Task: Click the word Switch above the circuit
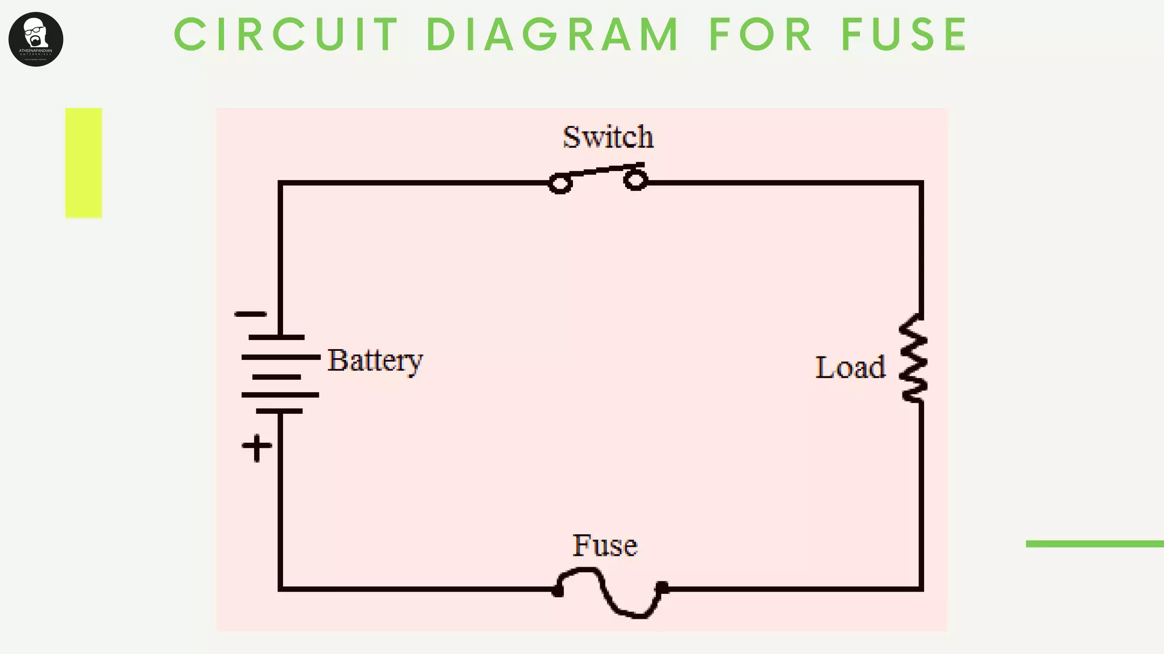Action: [608, 137]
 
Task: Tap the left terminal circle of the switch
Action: [560, 184]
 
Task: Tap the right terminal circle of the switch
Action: [635, 181]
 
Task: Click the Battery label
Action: [375, 360]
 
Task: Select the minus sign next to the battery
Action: [251, 314]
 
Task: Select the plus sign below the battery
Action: [257, 448]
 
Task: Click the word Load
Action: [850, 367]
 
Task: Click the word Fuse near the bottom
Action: [605, 546]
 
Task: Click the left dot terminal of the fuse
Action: [558, 592]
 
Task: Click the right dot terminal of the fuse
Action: [662, 588]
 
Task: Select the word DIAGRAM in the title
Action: [552, 35]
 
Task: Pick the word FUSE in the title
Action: [904, 35]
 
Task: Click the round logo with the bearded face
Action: [36, 39]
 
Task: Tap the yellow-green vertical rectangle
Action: [84, 163]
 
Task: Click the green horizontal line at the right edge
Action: [1094, 544]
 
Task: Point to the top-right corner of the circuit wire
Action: [921, 183]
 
